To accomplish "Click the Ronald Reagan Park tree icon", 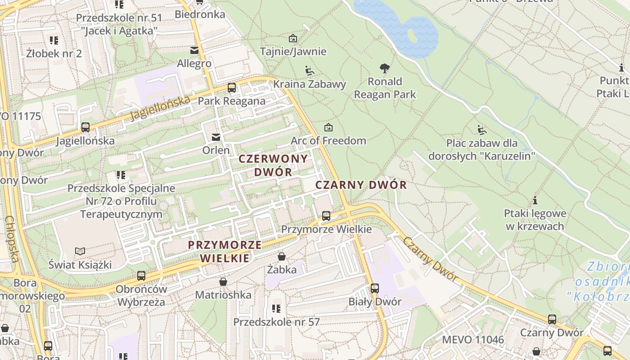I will click(x=384, y=68).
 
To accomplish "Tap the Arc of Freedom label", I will click(x=328, y=140).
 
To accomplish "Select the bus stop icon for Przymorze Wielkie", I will click(x=326, y=216).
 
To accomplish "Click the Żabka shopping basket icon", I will click(x=282, y=256).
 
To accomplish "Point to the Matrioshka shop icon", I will click(x=223, y=282).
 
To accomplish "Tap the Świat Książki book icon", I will click(x=80, y=251).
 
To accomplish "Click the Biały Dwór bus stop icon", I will click(x=375, y=288).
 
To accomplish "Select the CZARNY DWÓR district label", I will click(x=361, y=185).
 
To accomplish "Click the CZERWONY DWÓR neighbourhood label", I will click(x=273, y=165).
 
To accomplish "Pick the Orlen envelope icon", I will click(x=216, y=137).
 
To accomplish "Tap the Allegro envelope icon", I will click(x=194, y=50).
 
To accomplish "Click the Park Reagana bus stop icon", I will click(x=232, y=88).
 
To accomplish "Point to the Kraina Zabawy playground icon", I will click(x=310, y=71).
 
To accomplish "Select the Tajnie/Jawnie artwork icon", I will click(x=293, y=38).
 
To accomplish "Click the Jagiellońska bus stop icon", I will click(x=85, y=127).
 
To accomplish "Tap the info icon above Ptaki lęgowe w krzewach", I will click(x=535, y=200).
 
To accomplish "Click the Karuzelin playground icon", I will click(x=482, y=130).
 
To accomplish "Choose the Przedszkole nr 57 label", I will click(x=276, y=322).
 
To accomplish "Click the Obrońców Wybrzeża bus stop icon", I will click(x=141, y=276).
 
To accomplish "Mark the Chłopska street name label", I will click(x=12, y=239).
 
